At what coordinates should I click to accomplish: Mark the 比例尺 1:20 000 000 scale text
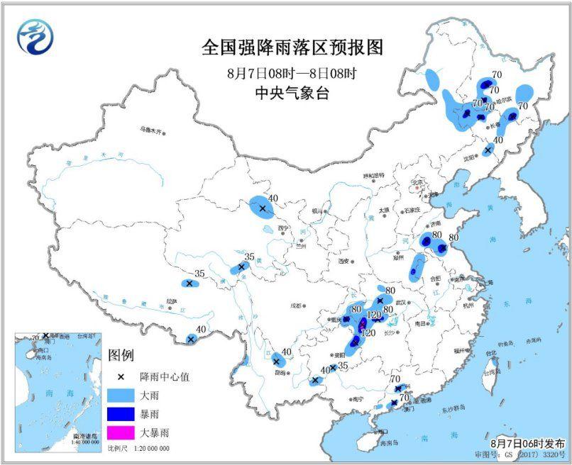tap(138, 449)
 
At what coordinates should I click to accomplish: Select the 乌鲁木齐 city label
tap(150, 130)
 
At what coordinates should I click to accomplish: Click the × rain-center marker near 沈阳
tap(488, 150)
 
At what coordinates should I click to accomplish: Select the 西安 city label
tap(345, 261)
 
